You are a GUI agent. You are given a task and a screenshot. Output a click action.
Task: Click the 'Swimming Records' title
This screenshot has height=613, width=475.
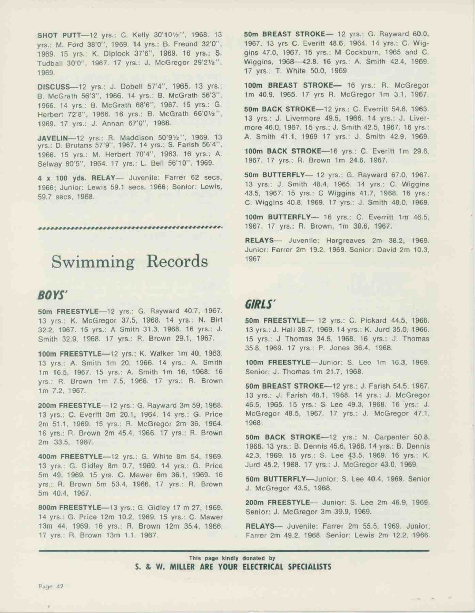click(x=130, y=262)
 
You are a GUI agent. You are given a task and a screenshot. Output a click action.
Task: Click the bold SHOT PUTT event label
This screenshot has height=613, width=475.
click(x=59, y=35)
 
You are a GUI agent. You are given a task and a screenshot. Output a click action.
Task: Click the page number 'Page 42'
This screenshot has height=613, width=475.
click(x=51, y=586)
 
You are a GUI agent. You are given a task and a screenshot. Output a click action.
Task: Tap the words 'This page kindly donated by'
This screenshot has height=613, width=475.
click(x=232, y=558)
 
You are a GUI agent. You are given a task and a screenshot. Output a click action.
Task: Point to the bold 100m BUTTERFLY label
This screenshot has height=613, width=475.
click(x=278, y=217)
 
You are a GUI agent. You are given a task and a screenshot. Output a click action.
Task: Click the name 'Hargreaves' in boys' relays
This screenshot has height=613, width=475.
click(x=345, y=241)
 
